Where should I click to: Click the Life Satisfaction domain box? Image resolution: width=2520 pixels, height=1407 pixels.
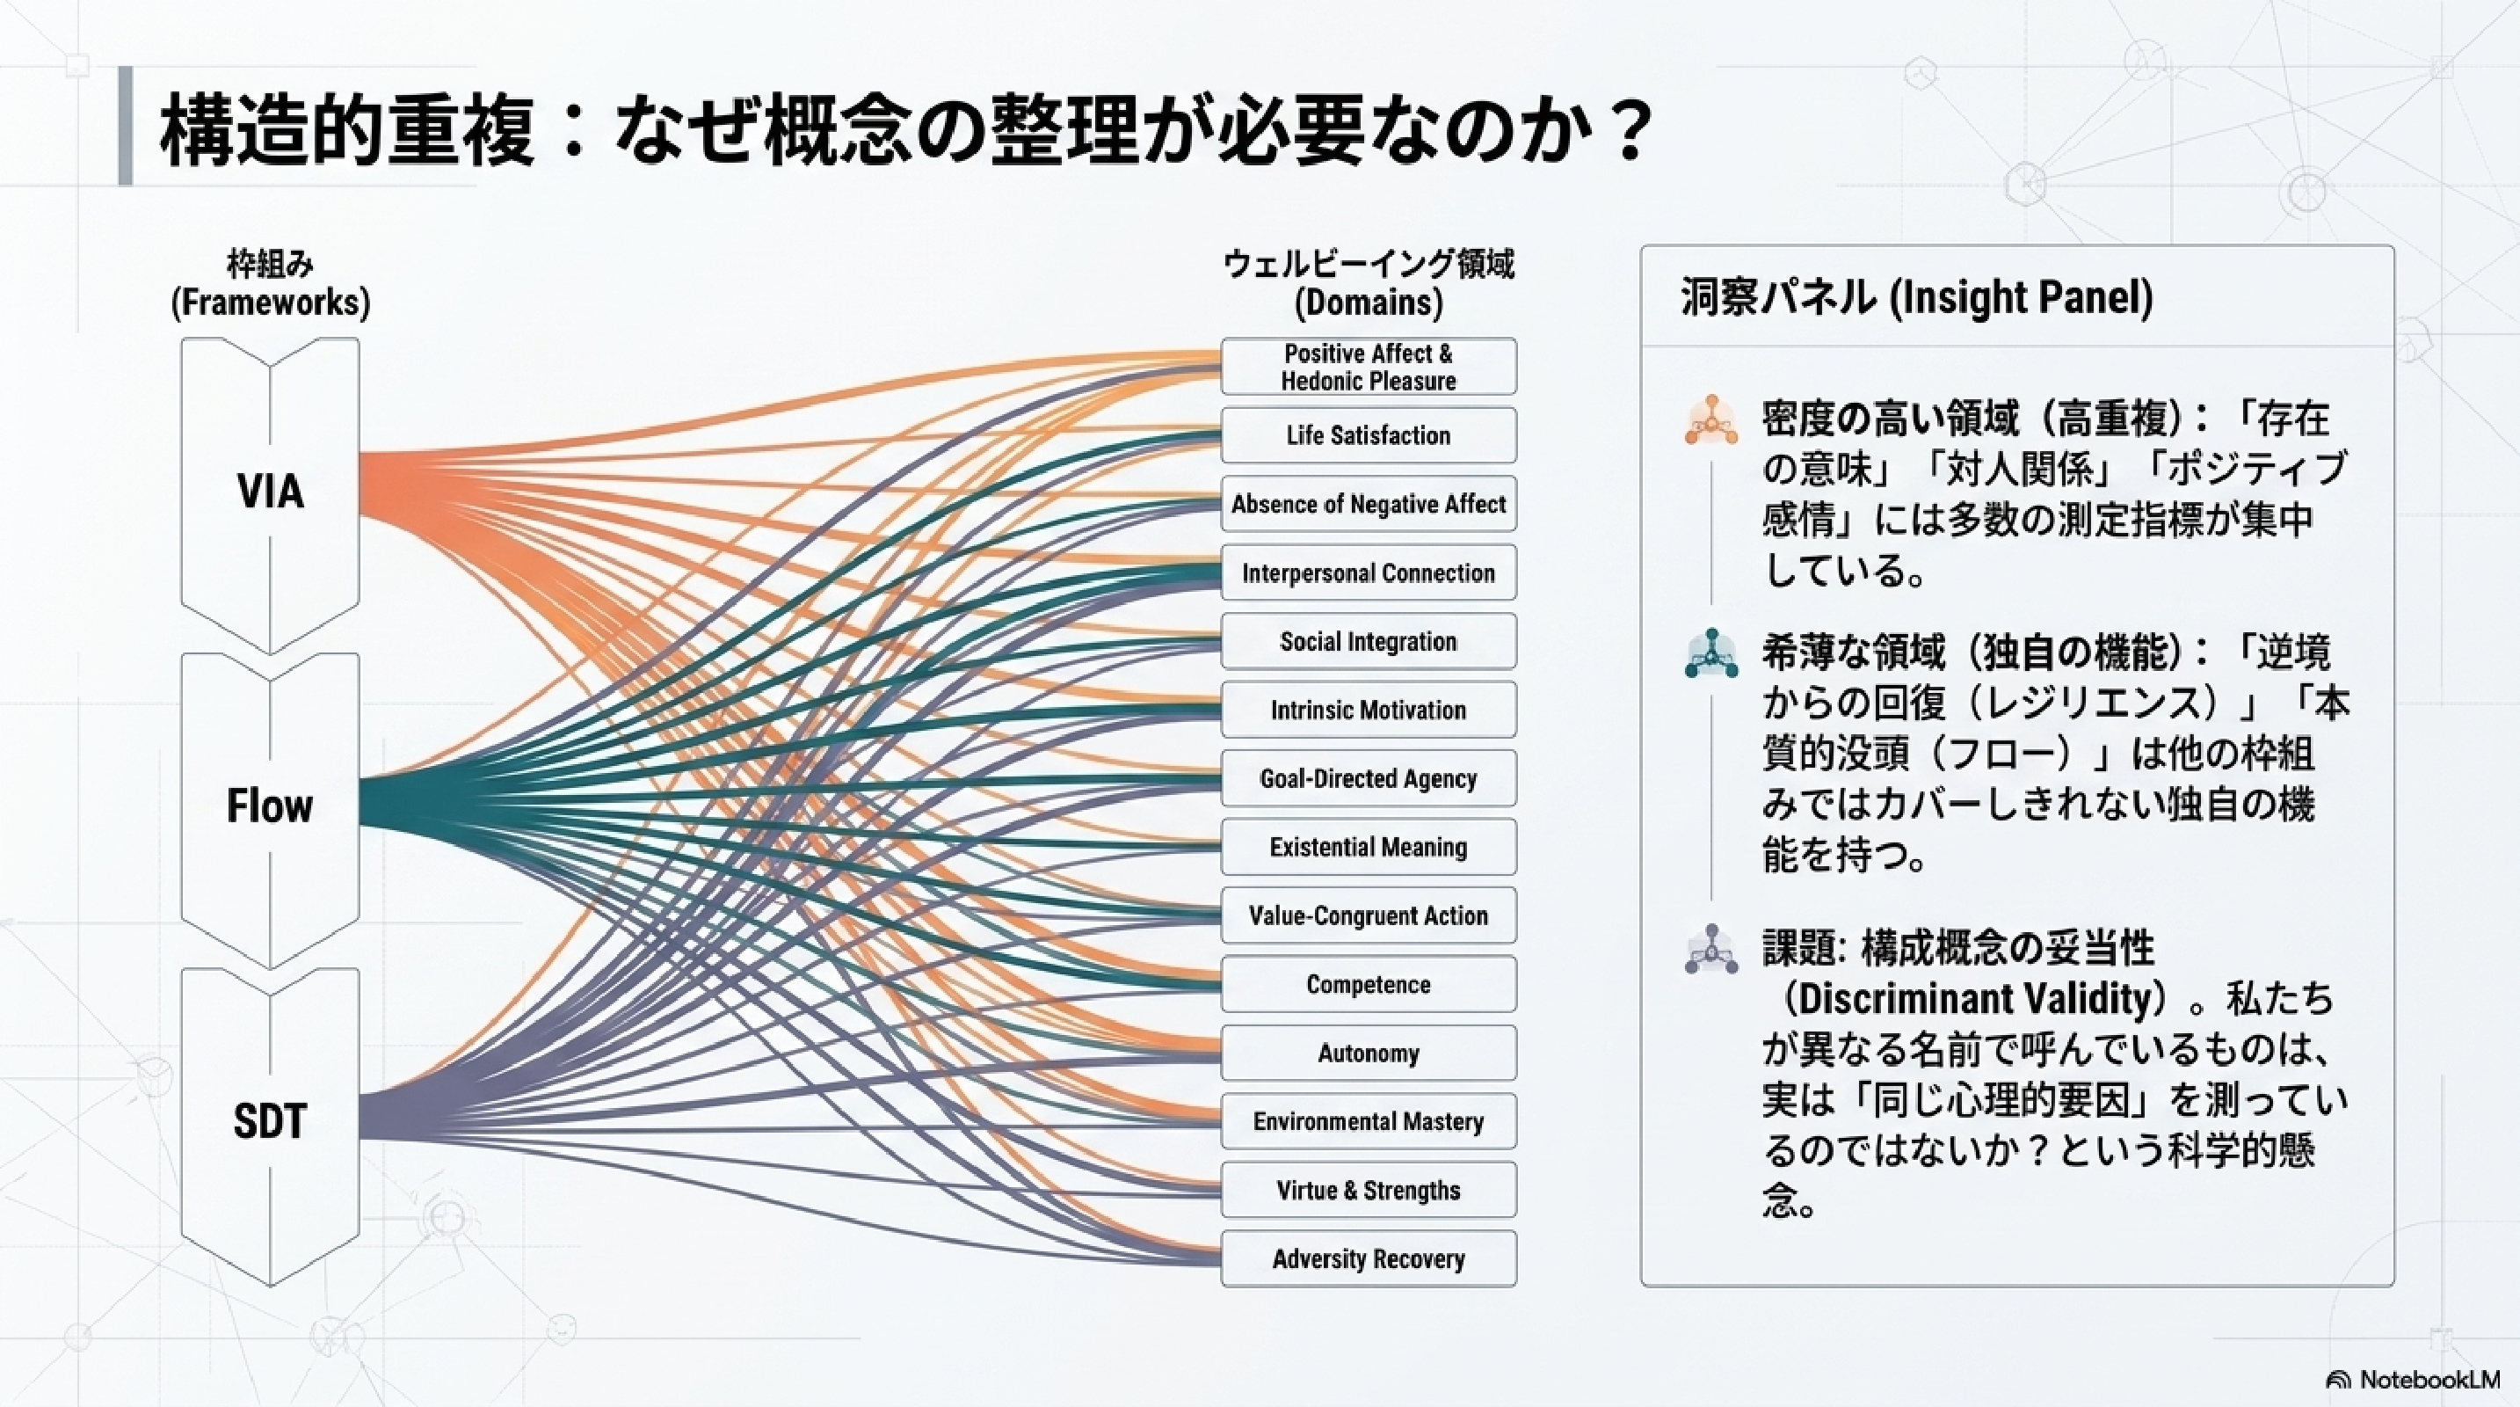[x=1369, y=435]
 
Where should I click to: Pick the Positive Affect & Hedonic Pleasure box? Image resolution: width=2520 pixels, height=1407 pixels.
[x=1369, y=367]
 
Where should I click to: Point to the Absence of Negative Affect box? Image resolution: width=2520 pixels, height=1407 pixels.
[x=1369, y=504]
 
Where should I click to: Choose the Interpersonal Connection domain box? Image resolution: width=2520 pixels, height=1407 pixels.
[x=1369, y=572]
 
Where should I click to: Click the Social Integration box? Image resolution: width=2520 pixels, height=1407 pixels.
[x=1369, y=641]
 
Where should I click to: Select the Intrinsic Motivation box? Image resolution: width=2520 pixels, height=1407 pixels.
[x=1369, y=710]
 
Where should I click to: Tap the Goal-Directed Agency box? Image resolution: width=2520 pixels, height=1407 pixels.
[x=1369, y=778]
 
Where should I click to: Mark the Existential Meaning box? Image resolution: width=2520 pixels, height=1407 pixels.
[x=1369, y=846]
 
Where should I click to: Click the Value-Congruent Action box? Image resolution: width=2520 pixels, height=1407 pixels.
[x=1369, y=915]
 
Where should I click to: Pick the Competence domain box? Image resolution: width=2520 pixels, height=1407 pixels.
[x=1369, y=983]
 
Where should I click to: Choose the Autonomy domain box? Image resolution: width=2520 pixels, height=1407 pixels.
[x=1369, y=1053]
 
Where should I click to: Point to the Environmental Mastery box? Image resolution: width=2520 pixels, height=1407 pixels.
[x=1369, y=1121]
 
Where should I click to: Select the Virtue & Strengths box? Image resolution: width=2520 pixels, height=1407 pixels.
[x=1369, y=1190]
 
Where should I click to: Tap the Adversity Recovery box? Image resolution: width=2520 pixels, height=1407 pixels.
[x=1369, y=1258]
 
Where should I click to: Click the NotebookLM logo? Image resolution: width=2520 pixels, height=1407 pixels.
[x=2413, y=1380]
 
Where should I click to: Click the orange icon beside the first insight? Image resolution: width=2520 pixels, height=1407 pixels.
[x=1711, y=419]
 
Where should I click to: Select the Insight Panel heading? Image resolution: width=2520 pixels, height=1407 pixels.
[x=1916, y=297]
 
